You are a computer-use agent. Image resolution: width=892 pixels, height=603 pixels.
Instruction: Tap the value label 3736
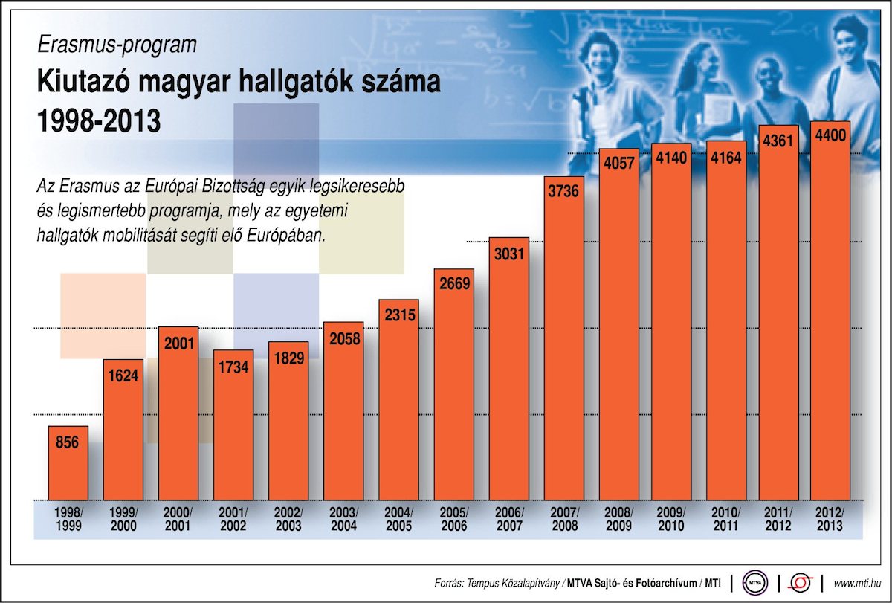tap(564, 191)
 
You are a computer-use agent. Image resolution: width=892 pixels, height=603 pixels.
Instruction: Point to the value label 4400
tap(830, 136)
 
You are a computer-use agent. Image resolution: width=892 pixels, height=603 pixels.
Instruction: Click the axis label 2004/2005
tap(398, 519)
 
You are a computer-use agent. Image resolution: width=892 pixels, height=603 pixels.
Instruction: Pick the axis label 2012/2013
tap(829, 519)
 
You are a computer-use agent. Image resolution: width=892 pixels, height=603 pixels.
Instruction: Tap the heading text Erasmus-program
tap(117, 45)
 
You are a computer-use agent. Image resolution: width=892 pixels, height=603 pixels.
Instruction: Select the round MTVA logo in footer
tap(755, 581)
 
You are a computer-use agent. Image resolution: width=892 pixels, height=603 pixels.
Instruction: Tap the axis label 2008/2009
tap(619, 519)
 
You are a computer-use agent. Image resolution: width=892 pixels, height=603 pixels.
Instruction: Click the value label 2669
tap(454, 283)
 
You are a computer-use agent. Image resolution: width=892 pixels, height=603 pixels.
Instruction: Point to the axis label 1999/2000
tap(123, 519)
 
